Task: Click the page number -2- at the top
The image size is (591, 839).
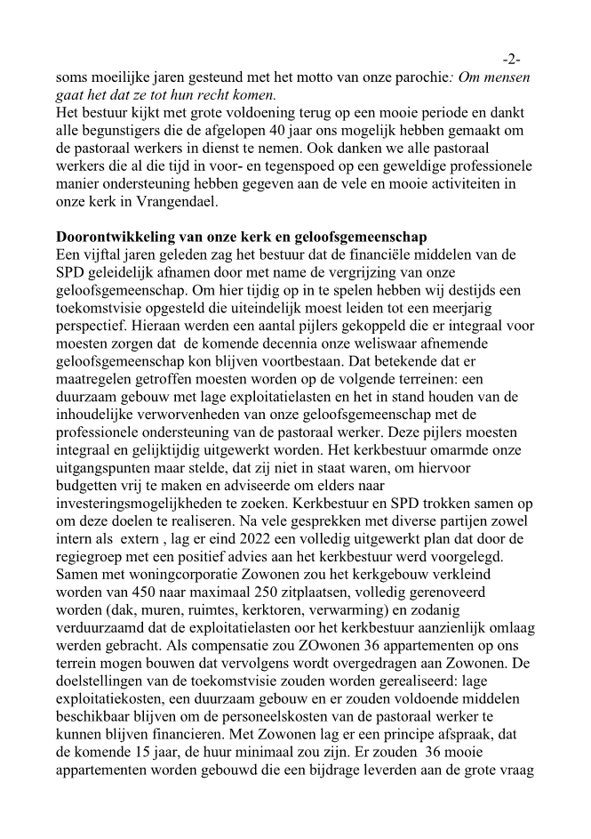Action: pyautogui.click(x=511, y=60)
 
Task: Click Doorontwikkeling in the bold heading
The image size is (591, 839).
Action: pyautogui.click(x=111, y=237)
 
